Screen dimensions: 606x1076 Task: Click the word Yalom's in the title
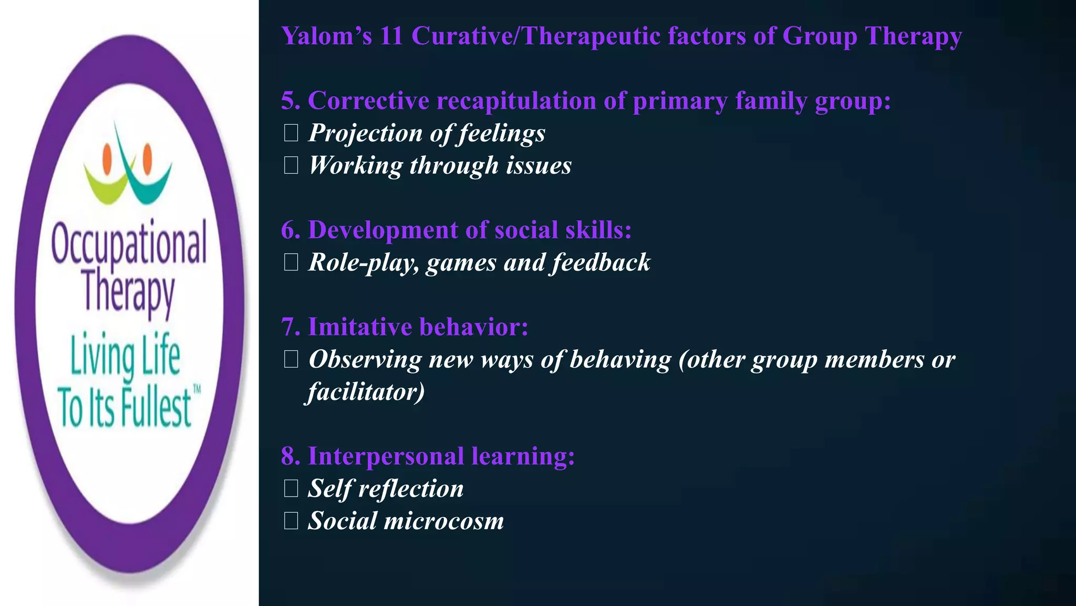(x=326, y=36)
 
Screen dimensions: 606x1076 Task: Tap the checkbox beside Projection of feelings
(x=291, y=133)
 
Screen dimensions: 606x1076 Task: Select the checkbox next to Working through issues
(x=291, y=166)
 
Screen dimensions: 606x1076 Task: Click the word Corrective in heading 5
(x=368, y=100)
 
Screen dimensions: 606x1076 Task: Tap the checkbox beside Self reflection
(x=291, y=489)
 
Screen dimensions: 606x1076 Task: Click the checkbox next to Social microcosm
(x=291, y=521)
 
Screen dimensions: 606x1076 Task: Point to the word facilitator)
(x=366, y=392)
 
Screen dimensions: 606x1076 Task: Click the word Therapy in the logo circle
(x=129, y=292)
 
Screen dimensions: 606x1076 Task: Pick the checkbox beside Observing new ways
(x=291, y=359)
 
